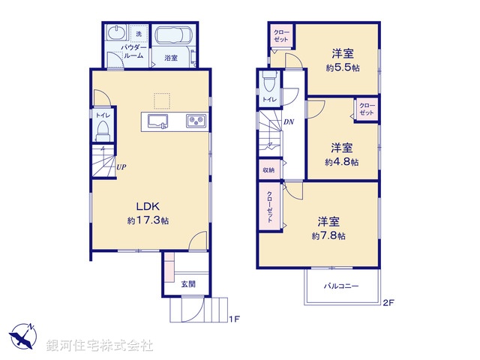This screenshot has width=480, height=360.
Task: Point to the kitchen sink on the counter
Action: (157, 121)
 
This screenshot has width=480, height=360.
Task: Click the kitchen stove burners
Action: (196, 121)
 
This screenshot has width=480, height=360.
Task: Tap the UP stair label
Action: (120, 166)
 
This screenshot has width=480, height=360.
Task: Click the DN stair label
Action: (289, 122)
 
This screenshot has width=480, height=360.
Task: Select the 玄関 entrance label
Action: (188, 284)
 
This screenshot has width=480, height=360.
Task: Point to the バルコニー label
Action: (341, 286)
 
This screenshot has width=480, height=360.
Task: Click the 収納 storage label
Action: (268, 170)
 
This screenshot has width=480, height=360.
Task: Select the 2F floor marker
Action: (388, 303)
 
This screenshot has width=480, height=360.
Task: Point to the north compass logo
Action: (22, 336)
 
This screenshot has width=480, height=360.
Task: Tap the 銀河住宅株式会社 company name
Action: (100, 346)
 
